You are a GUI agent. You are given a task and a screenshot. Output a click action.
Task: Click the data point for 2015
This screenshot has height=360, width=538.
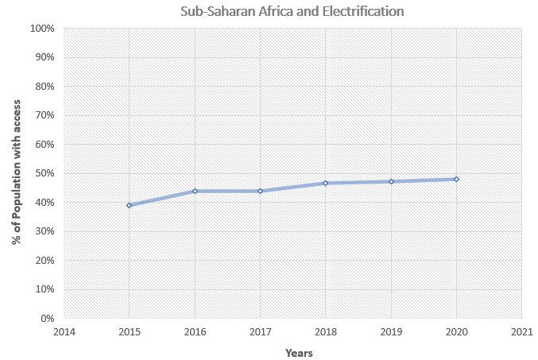point(129,205)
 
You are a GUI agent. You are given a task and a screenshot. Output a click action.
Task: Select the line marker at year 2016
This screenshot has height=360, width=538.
point(195,191)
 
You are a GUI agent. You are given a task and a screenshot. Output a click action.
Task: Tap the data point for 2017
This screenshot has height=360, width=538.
point(260,191)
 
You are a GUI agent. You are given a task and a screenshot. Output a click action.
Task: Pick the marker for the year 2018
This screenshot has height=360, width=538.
point(325,183)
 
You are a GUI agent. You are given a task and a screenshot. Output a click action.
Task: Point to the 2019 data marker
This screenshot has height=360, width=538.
point(391,181)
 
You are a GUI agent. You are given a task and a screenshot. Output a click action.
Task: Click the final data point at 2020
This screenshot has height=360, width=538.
point(456,179)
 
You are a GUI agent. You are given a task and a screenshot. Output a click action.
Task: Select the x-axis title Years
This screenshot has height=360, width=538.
point(299,352)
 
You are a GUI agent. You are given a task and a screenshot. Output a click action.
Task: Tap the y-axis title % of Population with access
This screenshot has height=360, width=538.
point(17,173)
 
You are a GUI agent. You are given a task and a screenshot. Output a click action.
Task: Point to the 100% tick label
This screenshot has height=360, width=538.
point(42,29)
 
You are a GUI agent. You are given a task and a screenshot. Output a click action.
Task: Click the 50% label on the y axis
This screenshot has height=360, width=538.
point(45,173)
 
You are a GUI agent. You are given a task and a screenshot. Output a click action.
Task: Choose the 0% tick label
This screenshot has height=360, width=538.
point(48,319)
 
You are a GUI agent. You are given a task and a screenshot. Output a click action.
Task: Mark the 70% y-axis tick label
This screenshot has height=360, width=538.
point(45,115)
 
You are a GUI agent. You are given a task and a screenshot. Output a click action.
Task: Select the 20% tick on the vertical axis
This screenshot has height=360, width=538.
point(45,261)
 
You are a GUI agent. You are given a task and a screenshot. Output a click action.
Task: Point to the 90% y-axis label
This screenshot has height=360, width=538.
point(45,57)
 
